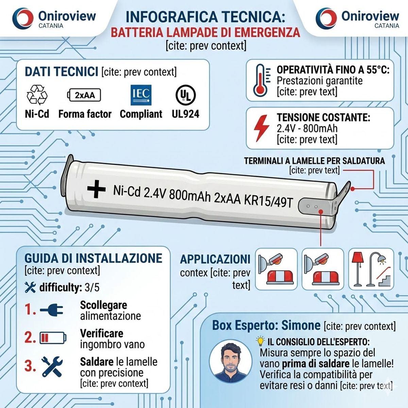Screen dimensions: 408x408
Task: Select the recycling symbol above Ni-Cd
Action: pos(37,95)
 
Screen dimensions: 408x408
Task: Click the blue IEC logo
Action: pos(141,95)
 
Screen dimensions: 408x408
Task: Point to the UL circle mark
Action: pos(185,95)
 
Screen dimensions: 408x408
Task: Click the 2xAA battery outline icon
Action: pos(85,95)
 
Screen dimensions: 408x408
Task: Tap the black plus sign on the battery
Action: pos(96,189)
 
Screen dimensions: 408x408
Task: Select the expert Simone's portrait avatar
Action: pos(230,361)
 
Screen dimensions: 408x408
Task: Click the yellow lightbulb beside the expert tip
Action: pos(260,341)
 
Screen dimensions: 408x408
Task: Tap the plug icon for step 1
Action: pos(52,310)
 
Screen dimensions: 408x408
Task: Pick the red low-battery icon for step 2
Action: pos(53,338)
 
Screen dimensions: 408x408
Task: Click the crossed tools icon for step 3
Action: pos(52,366)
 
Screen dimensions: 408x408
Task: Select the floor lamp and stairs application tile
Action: pos(371,269)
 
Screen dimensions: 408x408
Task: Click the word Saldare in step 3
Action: pos(97,361)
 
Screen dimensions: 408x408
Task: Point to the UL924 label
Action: pos(185,114)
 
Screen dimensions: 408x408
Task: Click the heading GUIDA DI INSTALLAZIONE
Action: pos(93,258)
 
